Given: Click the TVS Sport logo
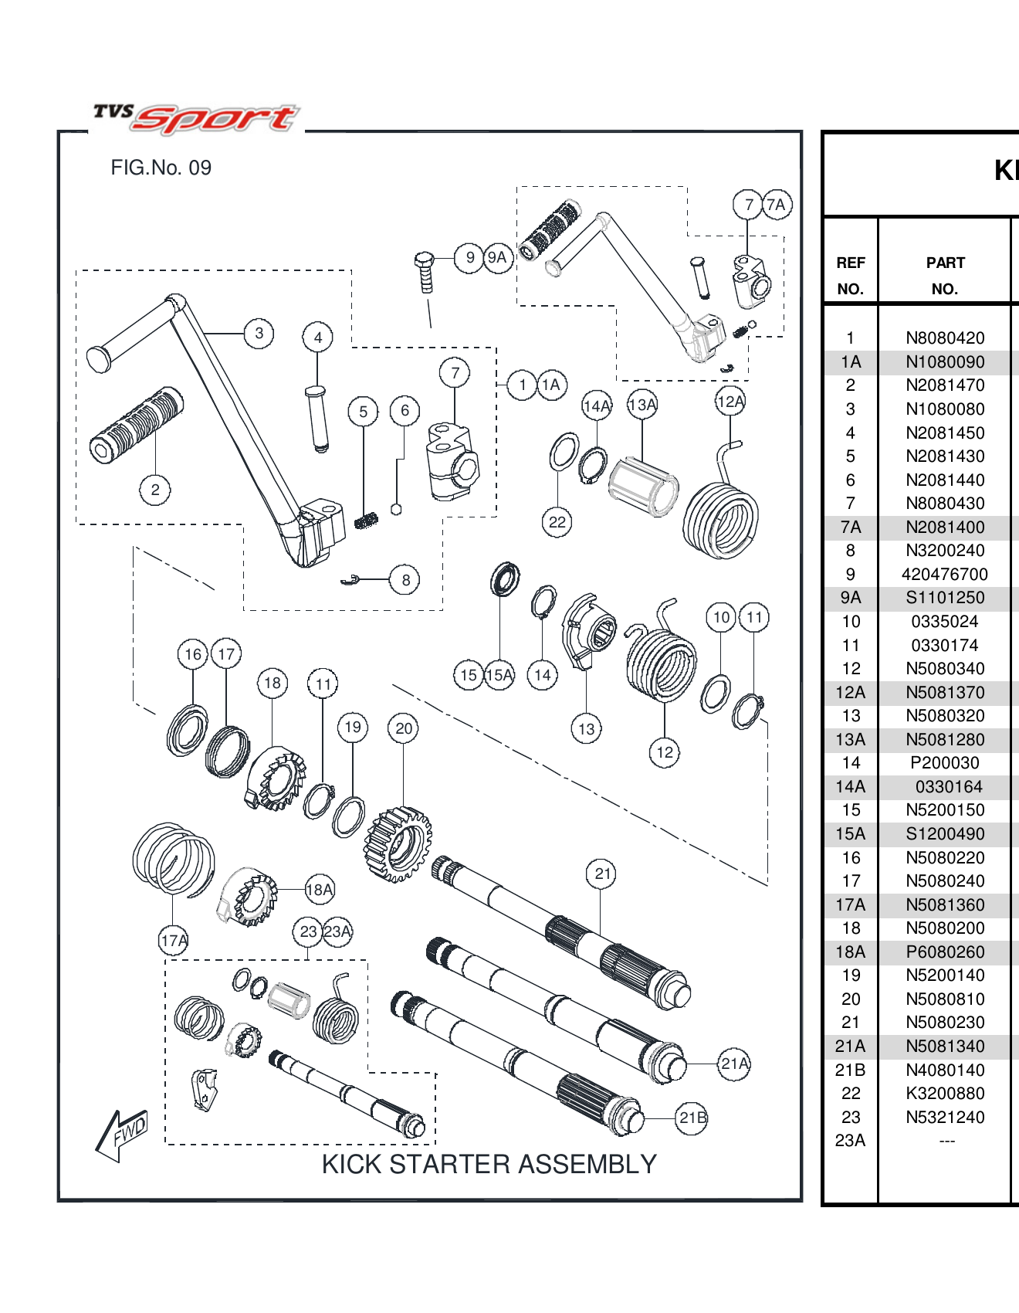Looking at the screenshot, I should pos(196,118).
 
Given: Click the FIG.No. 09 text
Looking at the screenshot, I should pos(161,168).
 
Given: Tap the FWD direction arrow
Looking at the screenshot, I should pos(121,1134).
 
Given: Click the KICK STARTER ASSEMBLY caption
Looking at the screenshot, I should pos(489,1164).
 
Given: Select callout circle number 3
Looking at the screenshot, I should pos(259,333).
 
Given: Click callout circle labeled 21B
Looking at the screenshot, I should pos(692,1118).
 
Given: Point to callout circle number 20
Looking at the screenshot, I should pos(404,728).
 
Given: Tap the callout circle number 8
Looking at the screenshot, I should pos(405,580).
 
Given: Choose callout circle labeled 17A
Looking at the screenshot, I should pos(173,940).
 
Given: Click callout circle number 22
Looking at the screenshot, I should pos(557,522).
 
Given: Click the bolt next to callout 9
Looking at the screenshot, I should pos(425,272).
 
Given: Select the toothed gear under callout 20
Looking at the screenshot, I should pos(398,844).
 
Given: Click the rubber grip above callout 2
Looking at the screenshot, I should pos(137,425).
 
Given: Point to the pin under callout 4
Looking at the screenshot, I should pos(318,418).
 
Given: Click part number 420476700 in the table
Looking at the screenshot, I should pos(944,575).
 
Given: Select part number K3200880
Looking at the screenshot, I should pos(944,1094).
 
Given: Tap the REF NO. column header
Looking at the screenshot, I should pos(850,276).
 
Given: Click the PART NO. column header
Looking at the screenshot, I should pos(944,276).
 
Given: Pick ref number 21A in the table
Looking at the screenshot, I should pos(850,1047).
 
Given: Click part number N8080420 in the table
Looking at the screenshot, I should pos(944,338).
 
